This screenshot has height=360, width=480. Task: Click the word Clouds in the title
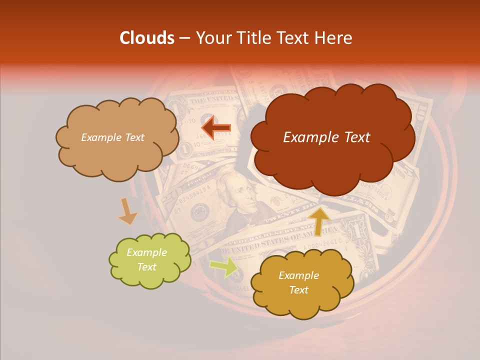tap(146, 38)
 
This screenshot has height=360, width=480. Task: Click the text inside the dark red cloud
tap(326, 137)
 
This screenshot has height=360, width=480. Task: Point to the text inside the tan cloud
tap(112, 137)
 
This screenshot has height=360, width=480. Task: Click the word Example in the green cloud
tap(146, 252)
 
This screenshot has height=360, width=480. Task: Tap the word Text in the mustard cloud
tap(298, 290)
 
